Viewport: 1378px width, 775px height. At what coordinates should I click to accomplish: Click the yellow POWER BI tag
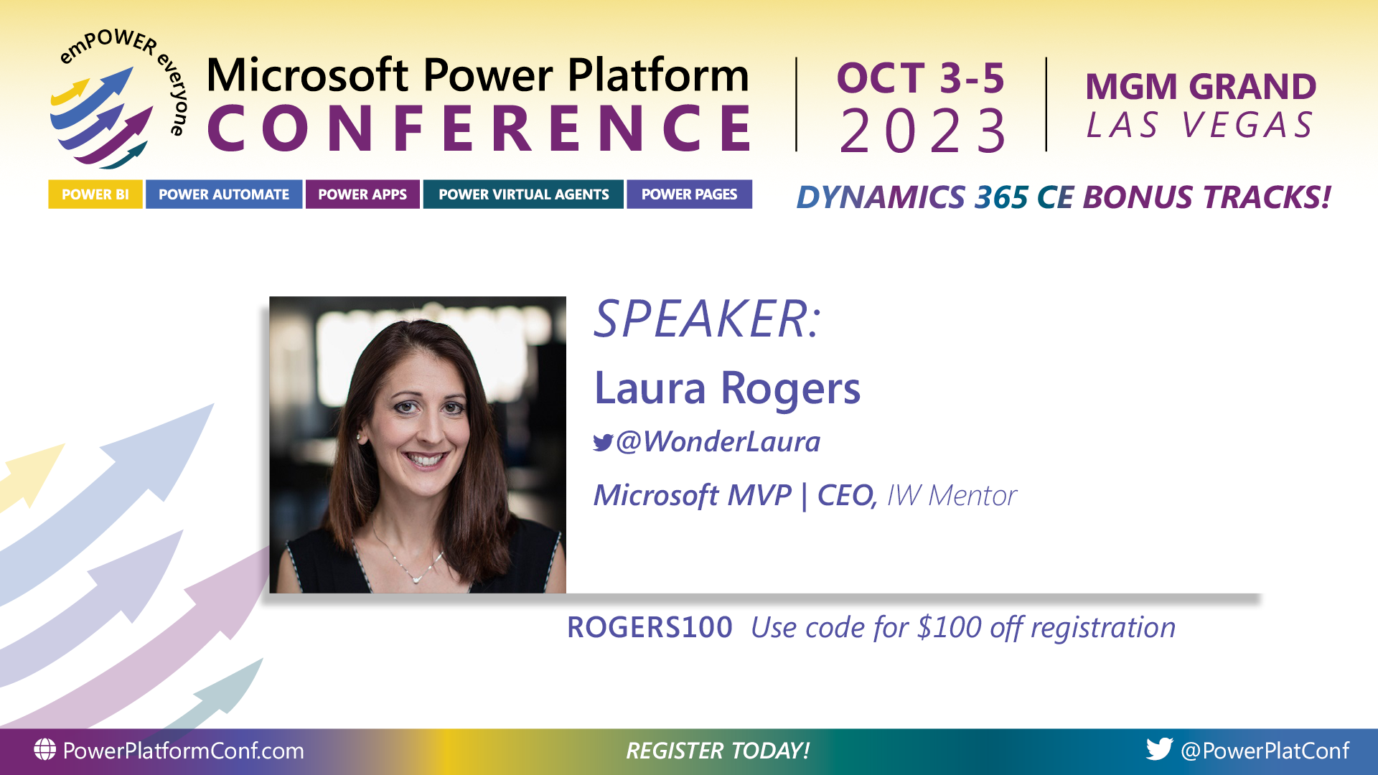pos(95,194)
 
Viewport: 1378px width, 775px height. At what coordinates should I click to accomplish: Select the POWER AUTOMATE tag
pos(223,194)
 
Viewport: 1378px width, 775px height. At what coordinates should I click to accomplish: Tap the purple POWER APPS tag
pos(362,194)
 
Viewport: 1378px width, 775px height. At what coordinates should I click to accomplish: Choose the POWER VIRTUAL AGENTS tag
pos(523,194)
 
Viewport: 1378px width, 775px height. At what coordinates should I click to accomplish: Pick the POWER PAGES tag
pos(689,194)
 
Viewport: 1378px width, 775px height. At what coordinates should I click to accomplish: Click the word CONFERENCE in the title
pos(479,128)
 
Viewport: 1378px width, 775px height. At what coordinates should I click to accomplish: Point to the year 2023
pos(924,131)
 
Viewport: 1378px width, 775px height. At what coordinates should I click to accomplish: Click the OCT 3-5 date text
pos(920,78)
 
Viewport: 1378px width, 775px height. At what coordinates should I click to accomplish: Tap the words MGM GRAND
pos(1200,87)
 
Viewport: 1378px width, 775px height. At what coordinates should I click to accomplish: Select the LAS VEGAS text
pos(1200,126)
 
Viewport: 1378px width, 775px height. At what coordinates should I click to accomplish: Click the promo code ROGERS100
pos(650,628)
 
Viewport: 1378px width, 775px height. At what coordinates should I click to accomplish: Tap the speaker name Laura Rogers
pos(726,388)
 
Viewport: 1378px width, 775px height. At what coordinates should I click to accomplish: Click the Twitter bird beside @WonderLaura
pos(603,443)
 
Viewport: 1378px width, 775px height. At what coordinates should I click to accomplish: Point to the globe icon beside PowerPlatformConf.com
pos(44,750)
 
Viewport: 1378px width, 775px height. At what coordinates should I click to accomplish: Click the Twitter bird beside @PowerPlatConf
pos(1159,749)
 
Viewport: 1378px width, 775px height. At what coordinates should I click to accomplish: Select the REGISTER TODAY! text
pos(718,751)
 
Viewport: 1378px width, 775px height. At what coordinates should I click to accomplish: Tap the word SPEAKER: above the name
pos(707,319)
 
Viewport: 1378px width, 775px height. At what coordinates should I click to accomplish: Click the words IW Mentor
pos(952,496)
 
